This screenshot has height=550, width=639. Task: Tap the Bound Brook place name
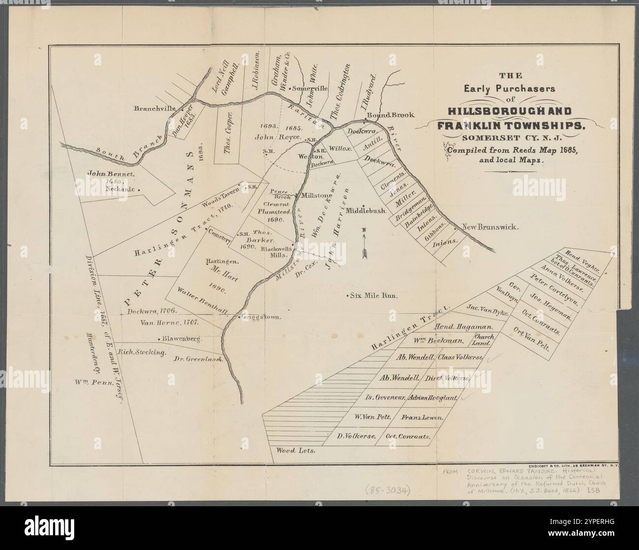(x=391, y=115)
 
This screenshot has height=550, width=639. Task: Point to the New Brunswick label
(x=490, y=227)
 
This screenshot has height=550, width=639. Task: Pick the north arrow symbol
(x=364, y=244)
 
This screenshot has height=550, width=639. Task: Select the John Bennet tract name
(x=111, y=174)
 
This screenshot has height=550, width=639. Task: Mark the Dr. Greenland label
(x=199, y=359)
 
